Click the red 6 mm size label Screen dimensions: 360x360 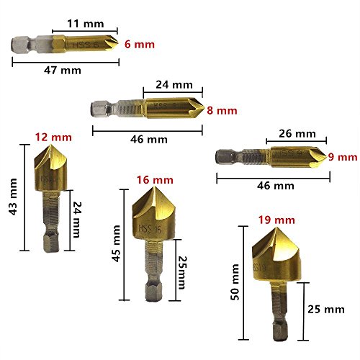point(140,45)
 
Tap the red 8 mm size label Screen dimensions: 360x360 point(222,111)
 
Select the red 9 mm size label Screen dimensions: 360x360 point(343,157)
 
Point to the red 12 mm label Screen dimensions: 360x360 point(53,138)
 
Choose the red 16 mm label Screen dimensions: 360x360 point(155,180)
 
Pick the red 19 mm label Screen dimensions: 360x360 point(276,220)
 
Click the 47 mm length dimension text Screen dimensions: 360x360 point(63,71)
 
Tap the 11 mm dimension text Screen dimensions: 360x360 point(86,24)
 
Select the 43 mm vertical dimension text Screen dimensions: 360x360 point(13,197)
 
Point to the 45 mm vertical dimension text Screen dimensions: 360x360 point(116,243)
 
